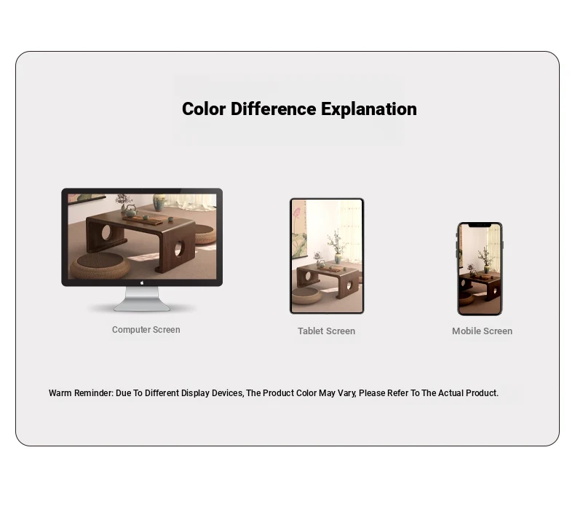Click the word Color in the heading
204,109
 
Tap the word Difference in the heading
273,109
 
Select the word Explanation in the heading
369,109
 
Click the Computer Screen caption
146,330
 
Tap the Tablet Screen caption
326,331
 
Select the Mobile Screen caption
482,331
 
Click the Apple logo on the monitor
142,283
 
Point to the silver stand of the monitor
142,299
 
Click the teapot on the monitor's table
130,210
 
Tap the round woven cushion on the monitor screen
100,266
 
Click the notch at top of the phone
480,224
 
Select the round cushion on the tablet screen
306,296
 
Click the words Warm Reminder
81,393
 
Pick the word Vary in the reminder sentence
346,393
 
